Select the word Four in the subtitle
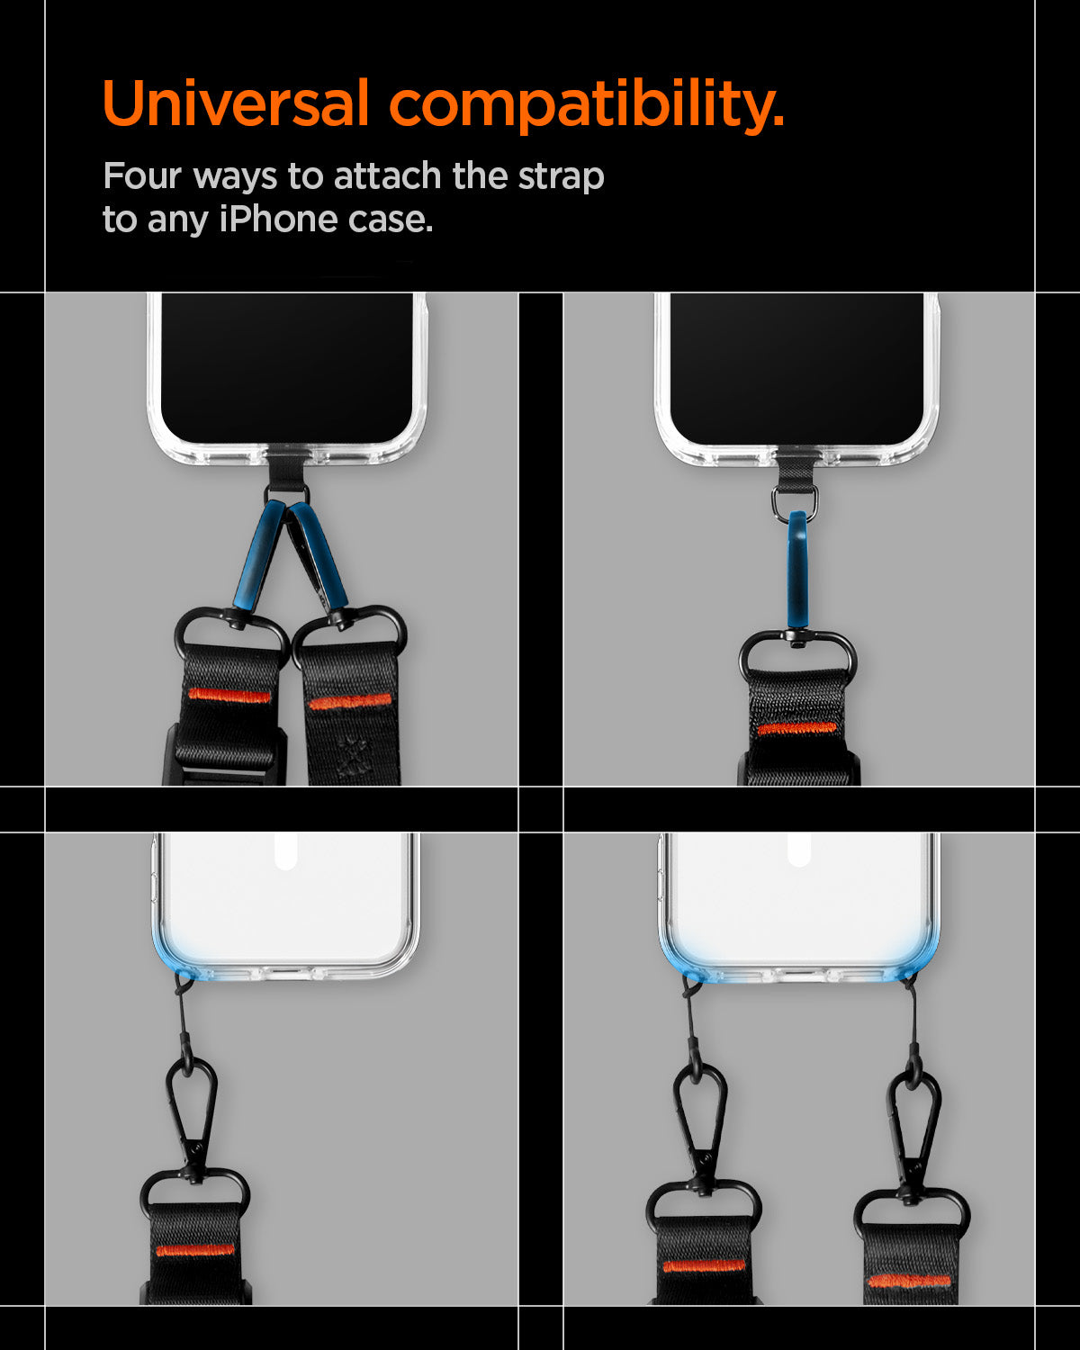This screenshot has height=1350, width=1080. (142, 175)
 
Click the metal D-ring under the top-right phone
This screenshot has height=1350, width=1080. (795, 501)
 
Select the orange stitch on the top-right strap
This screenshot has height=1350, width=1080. (796, 728)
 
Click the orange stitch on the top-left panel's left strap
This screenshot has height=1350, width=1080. (229, 696)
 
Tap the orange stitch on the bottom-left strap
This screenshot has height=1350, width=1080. (194, 1250)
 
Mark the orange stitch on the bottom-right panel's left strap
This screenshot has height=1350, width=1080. (704, 1265)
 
